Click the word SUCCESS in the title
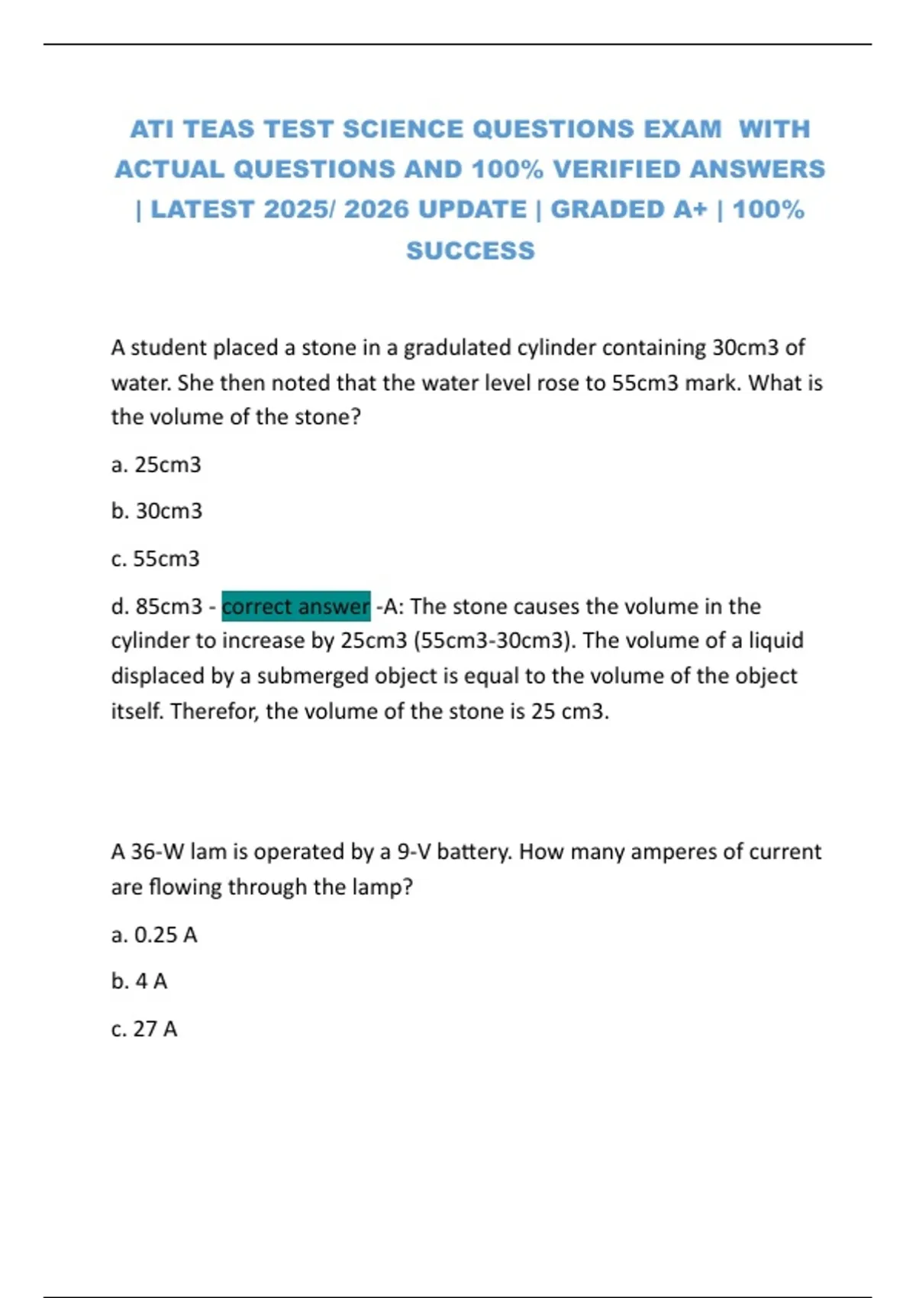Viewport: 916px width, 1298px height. (470, 250)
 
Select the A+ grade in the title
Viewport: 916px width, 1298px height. (690, 209)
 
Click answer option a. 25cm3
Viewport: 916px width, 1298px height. (156, 464)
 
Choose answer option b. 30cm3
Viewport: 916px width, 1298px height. (156, 511)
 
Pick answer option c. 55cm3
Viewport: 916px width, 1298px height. (155, 559)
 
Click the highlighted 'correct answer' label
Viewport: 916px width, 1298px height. (296, 606)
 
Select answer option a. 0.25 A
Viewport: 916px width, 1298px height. (153, 935)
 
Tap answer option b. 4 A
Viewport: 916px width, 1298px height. (139, 981)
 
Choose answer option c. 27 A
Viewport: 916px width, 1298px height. (144, 1029)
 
